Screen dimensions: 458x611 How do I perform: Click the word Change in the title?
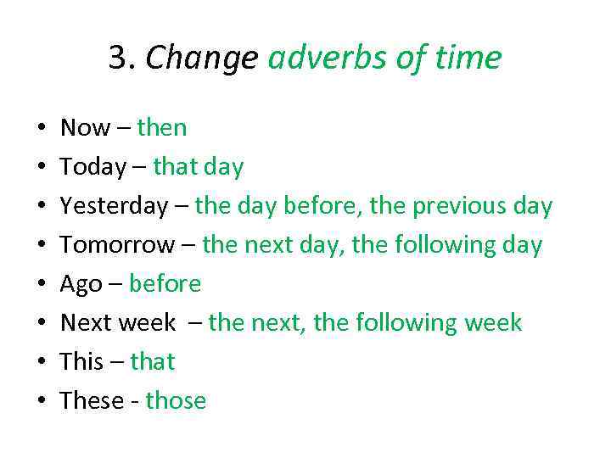click(202, 59)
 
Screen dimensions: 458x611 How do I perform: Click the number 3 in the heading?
click(117, 59)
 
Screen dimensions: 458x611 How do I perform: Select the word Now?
click(85, 128)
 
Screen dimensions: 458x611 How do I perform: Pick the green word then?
click(161, 128)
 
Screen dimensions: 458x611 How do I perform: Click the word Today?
click(92, 167)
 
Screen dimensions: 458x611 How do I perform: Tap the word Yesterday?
click(115, 206)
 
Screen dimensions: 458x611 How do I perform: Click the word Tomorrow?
click(116, 245)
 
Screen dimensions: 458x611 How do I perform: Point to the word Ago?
click(81, 284)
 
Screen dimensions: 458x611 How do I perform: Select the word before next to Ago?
click(165, 284)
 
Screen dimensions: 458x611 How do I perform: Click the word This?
click(81, 362)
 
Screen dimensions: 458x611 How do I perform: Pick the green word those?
click(176, 401)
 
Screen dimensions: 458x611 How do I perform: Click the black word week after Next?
click(146, 323)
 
